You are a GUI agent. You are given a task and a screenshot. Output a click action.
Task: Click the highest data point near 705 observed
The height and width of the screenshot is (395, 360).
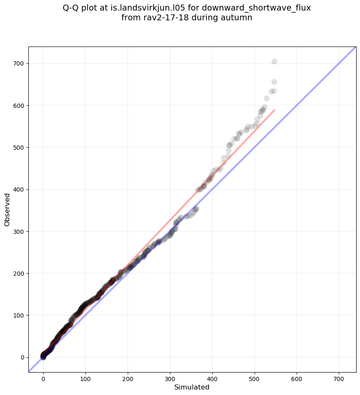[x=274, y=62]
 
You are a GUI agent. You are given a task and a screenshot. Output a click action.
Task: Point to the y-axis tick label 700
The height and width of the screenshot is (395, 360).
[x=18, y=63]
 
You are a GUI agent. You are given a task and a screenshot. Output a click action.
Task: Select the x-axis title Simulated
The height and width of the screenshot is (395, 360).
[x=192, y=387]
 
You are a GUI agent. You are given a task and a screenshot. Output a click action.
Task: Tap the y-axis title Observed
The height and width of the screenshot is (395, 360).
[x=7, y=210]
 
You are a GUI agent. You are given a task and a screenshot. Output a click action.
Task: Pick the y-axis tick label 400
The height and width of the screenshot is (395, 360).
[x=18, y=189]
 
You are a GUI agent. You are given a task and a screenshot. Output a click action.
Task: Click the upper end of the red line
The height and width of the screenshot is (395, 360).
[x=275, y=110]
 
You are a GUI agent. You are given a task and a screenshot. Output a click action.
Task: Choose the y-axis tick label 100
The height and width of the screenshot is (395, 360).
[x=18, y=315]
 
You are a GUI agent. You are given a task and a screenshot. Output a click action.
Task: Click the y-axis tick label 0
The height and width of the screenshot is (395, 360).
[x=22, y=357]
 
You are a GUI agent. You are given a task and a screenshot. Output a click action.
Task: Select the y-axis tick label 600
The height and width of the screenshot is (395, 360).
[x=18, y=105]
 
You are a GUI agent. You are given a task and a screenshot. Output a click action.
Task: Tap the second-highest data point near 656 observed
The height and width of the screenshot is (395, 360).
[x=274, y=82]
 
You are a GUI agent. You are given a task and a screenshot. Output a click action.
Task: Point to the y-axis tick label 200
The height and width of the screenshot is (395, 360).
[x=18, y=274]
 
